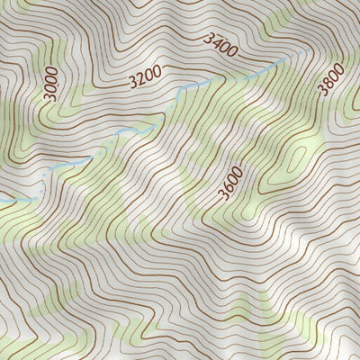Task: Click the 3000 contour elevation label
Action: pos(50,83)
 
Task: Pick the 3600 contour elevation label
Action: pos(230,187)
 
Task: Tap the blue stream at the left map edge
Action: pos(3,201)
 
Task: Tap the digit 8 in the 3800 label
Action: pos(327,83)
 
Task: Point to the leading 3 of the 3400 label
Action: pos(209,38)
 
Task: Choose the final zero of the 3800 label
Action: pos(338,67)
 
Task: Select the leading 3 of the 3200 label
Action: pos(132,82)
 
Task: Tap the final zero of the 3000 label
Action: pos(52,70)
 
